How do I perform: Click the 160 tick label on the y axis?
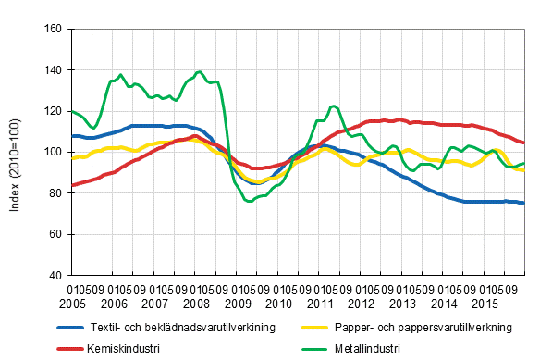pyautogui.click(x=53, y=30)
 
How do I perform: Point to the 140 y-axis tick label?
pyautogui.click(x=53, y=70)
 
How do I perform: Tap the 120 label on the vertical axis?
pyautogui.click(x=53, y=111)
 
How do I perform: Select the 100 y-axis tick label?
pyautogui.click(x=53, y=153)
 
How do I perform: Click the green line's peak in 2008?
pyautogui.click(x=200, y=71)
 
